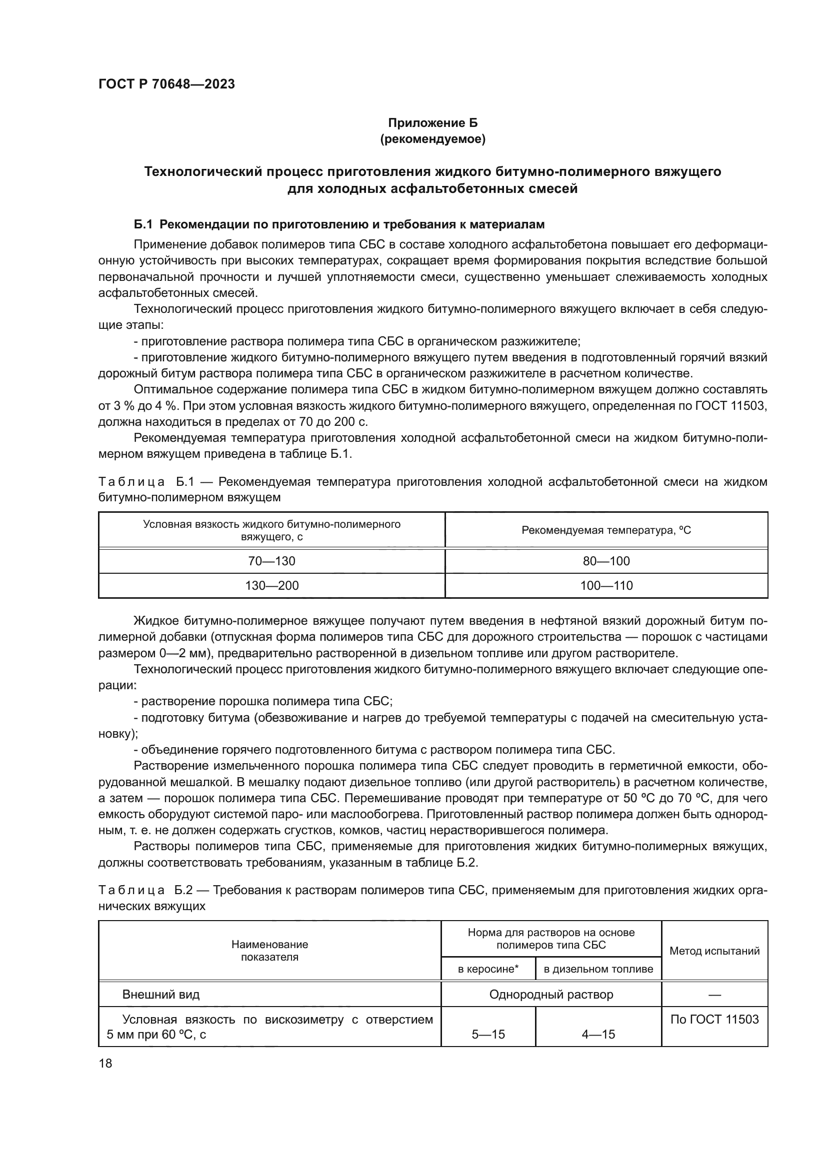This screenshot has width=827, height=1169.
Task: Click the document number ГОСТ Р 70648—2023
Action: pos(166,84)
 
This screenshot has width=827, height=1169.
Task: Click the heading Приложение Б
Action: pos(432,123)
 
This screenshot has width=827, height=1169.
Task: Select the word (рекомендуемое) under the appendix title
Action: pos(432,139)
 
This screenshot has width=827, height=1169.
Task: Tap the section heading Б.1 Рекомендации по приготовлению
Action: pos(338,224)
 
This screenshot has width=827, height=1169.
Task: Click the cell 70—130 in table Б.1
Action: pos(271,561)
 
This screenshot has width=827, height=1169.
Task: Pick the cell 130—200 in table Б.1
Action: pos(271,586)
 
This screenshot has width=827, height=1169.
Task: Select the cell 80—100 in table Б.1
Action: pos(606,561)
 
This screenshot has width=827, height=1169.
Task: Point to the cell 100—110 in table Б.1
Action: pos(606,586)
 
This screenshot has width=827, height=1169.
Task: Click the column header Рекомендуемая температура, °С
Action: pos(606,530)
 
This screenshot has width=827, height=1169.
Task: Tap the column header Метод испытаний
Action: pos(714,951)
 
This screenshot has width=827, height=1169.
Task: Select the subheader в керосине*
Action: pos(488,969)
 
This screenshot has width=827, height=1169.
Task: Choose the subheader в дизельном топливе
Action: pos(598,969)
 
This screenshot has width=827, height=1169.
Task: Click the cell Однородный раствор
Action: pos(551,995)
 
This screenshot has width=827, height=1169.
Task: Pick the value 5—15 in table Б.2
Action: pos(488,1034)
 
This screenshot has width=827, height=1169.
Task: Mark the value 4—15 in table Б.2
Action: pos(598,1034)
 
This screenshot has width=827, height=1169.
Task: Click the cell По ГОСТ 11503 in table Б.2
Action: pos(714,1019)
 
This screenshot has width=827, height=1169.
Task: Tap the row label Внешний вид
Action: pos(161,995)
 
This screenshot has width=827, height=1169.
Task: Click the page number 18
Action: pos(105,1063)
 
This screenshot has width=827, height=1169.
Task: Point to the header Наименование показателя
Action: pos(269,951)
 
